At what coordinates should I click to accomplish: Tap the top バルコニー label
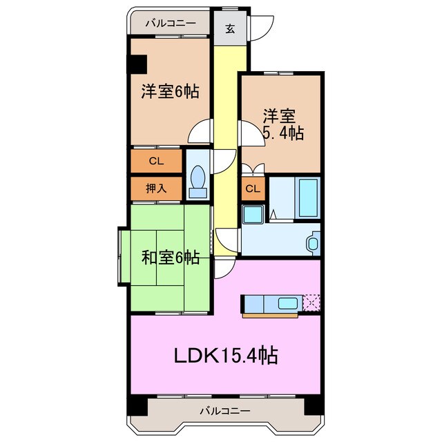(x=170, y=22)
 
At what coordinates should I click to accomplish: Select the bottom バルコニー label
(x=225, y=412)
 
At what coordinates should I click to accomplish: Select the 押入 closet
(x=155, y=188)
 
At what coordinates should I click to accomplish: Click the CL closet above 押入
(x=155, y=162)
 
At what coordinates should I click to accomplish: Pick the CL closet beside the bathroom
(x=253, y=189)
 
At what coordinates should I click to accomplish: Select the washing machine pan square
(x=252, y=214)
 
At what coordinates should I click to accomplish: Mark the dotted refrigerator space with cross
(x=312, y=302)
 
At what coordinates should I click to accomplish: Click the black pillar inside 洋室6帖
(x=137, y=63)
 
